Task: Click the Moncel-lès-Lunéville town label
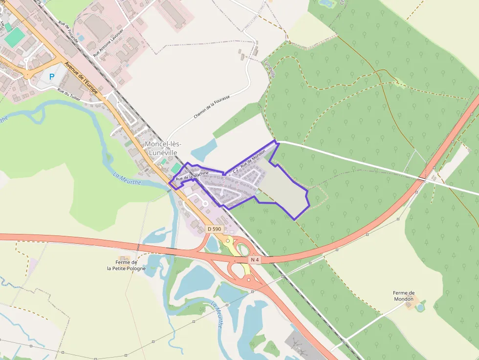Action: point(163,148)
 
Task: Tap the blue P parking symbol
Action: point(51,77)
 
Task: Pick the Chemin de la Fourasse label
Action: point(211,106)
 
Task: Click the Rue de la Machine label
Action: point(192,175)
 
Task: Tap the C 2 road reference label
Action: point(235,170)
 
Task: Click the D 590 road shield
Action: point(214,229)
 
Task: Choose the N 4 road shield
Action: point(254,260)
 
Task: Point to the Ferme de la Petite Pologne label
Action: point(127,265)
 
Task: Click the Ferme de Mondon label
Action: point(404,296)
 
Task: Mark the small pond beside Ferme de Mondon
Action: point(420,307)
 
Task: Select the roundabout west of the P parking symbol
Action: point(27,76)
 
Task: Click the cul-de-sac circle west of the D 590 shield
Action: point(205,203)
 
